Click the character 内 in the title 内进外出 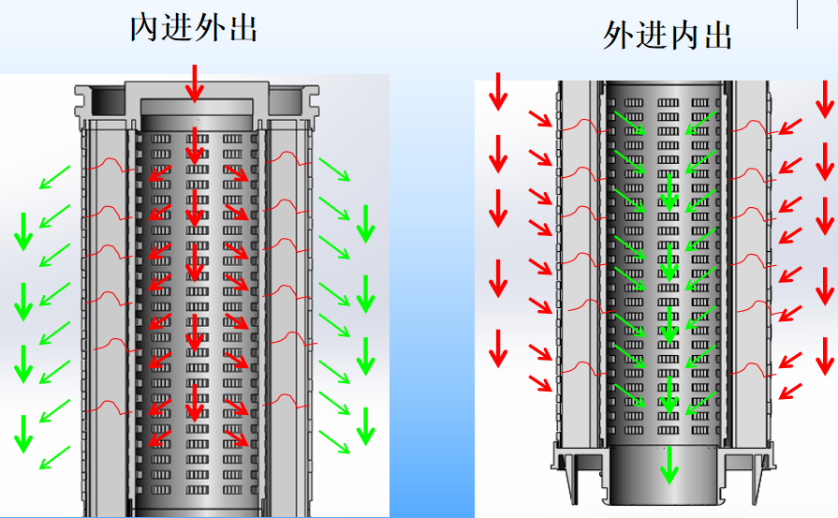pos(145,28)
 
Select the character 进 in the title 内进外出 pos(178,28)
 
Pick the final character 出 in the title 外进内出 pos(717,37)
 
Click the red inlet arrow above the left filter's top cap pos(194,82)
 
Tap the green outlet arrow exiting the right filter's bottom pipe pos(669,464)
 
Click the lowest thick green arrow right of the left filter pos(366,426)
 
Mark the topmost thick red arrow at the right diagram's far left pos(498,91)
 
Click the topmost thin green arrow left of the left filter pos(54,175)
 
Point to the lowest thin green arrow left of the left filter pos(54,458)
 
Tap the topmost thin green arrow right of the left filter pos(334,170)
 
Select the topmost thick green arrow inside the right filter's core pos(668,189)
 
